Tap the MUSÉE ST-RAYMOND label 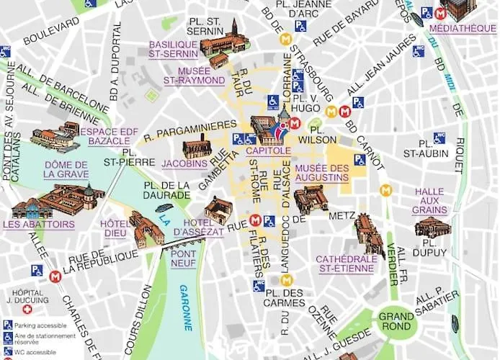pos(194,76)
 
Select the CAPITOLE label pos(267,151)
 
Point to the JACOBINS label pos(184,163)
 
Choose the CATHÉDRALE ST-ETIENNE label pos(346,264)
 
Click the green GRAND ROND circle pos(396,321)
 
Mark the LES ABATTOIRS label pos(38,225)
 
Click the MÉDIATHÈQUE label pos(462,29)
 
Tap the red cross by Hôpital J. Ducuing pos(27,309)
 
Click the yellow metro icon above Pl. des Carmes pos(286,280)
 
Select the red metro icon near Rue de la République pos(55,276)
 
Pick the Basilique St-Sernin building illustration pos(223,42)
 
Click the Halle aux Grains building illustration pos(432,228)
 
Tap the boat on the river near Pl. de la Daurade pos(164,208)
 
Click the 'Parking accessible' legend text pos(40,324)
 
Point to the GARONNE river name pos(185,307)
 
